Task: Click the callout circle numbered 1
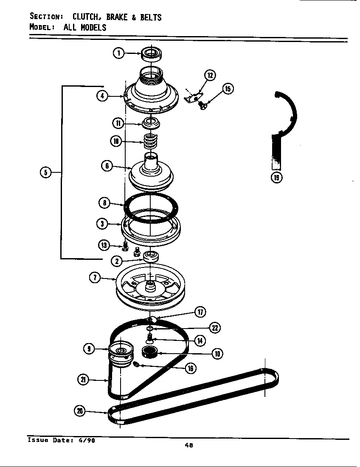[119, 53]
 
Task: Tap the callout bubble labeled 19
[277, 177]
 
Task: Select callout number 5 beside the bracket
[45, 172]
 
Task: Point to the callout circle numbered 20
[79, 411]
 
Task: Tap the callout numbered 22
[215, 328]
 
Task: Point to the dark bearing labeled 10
[149, 352]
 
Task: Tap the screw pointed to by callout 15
[203, 103]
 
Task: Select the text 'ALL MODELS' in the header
[85, 28]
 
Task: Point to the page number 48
[189, 445]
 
